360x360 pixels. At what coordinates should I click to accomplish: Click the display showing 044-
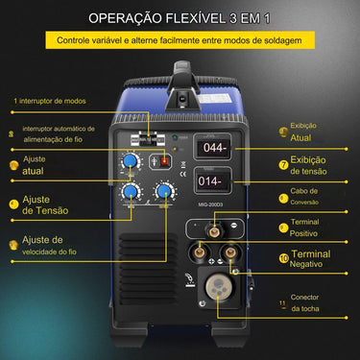[209, 149]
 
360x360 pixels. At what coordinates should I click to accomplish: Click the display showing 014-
[209, 180]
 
